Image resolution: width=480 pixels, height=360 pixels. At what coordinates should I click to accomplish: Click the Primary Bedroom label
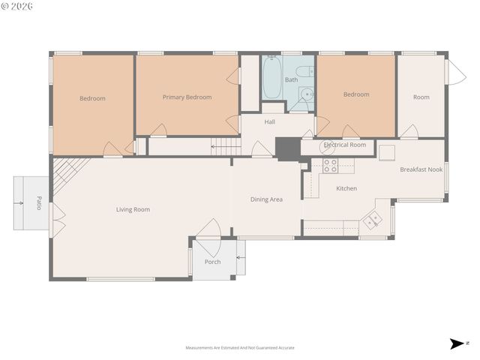coord(187,97)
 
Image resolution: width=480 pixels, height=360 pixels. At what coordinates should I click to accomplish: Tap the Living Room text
coord(133,209)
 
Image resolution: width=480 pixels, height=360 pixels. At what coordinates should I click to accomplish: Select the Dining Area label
coord(266,199)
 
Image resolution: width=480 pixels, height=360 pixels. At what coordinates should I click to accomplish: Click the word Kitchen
coord(346,188)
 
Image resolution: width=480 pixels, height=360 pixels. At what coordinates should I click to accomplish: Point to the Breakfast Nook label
coord(421,169)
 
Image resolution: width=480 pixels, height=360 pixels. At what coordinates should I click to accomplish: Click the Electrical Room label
coord(344,145)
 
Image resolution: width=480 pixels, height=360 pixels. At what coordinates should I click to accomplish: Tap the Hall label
coord(270,121)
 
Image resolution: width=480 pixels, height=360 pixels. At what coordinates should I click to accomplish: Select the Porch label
coord(213,262)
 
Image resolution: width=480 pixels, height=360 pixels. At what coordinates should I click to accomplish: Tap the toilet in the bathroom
coord(305,94)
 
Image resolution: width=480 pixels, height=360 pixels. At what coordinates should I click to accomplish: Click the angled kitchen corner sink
coord(372,220)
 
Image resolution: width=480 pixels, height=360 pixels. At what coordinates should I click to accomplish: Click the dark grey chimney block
coord(286,148)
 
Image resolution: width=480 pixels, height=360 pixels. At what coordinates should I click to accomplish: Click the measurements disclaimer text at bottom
coord(239,348)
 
